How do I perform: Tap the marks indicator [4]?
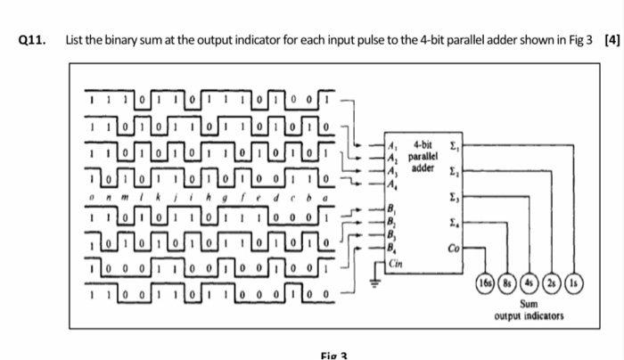[611, 40]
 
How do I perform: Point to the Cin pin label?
[395, 263]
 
